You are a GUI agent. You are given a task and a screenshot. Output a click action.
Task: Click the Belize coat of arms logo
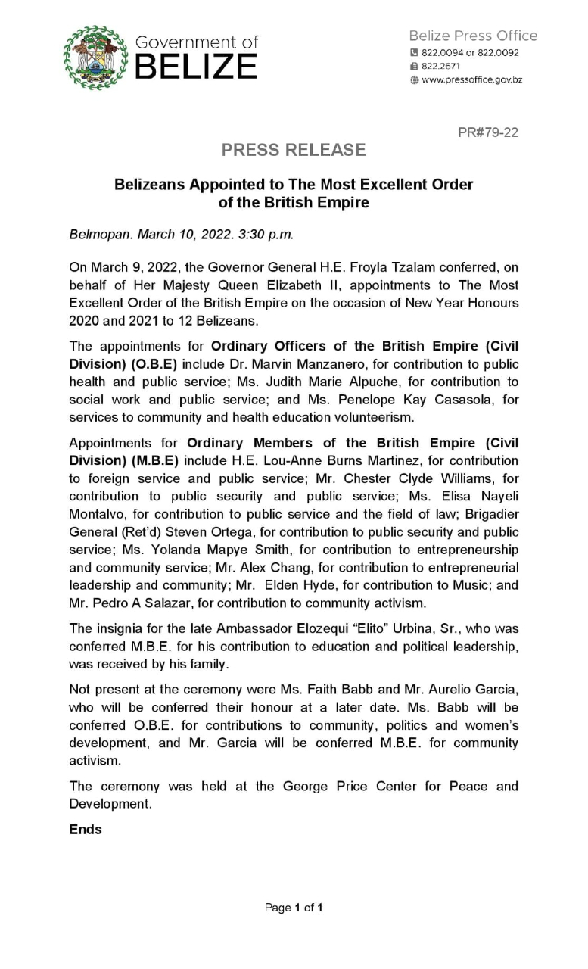(x=95, y=58)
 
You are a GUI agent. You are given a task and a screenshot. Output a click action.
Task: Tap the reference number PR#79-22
(x=488, y=132)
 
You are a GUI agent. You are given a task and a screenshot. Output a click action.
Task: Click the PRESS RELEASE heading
(x=294, y=150)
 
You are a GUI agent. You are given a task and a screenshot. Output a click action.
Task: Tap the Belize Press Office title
(x=473, y=36)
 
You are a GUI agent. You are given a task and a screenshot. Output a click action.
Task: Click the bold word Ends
(x=85, y=829)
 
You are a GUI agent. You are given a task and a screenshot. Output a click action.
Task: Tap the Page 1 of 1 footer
(x=294, y=908)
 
